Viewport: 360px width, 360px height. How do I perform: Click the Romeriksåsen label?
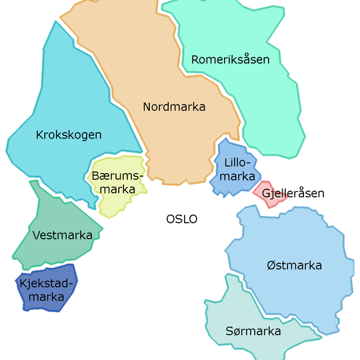coord(230,59)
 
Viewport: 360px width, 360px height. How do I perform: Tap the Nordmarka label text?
coord(174,107)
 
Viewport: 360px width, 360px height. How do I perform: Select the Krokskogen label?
coord(69,135)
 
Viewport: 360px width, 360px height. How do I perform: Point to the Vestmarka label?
coord(57,235)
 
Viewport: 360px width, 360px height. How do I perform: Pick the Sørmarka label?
coord(253,331)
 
